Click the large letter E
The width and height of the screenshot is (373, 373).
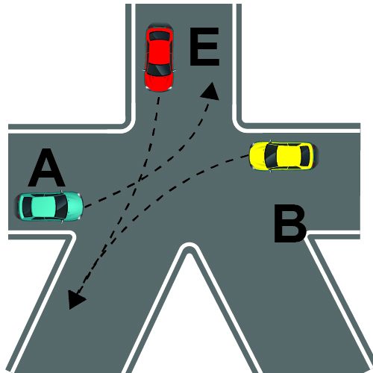click(204, 46)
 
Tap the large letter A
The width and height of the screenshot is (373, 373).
click(46, 168)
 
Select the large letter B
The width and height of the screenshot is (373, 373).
click(290, 223)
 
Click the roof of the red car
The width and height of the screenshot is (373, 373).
click(159, 51)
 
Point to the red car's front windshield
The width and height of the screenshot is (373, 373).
click(159, 69)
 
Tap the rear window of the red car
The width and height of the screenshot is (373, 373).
click(159, 36)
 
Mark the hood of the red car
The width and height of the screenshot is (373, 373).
click(159, 82)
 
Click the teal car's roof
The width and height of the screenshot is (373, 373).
click(44, 207)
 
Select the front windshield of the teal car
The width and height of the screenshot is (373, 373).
click(61, 207)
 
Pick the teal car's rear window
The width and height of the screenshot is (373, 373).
click(27, 207)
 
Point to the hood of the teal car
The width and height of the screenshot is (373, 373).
click(74, 207)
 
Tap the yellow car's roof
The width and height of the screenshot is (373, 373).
click(289, 156)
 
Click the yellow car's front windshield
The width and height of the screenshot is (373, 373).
click(271, 156)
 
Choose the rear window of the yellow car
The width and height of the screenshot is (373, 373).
click(305, 156)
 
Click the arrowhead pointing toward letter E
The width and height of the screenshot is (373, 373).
click(211, 92)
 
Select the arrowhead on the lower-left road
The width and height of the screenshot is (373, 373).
click(75, 299)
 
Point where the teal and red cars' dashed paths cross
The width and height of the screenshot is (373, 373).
click(140, 181)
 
